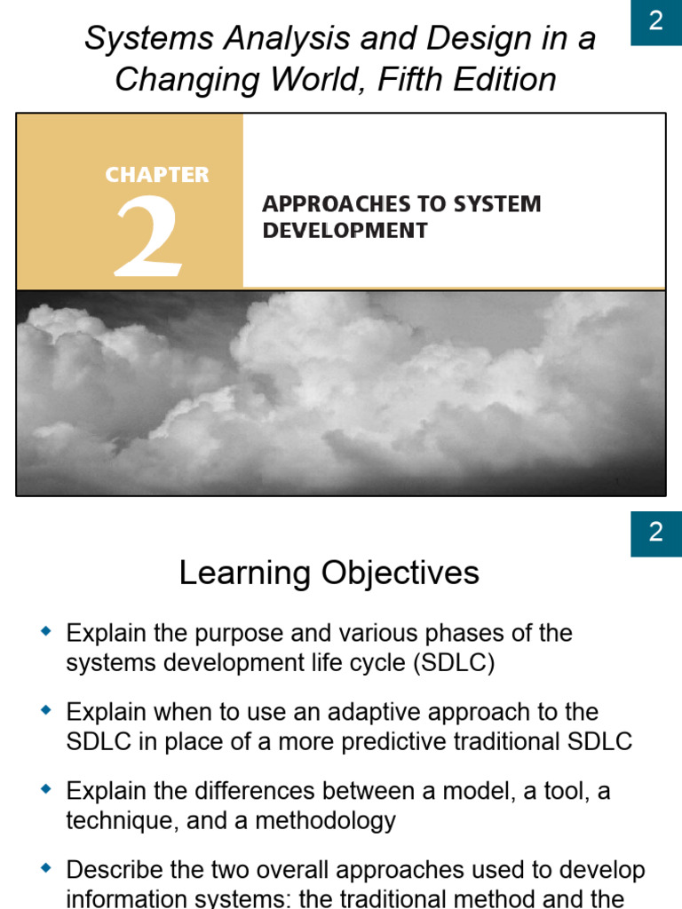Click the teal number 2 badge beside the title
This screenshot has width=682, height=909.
tap(656, 22)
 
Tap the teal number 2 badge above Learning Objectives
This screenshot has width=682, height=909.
tap(656, 533)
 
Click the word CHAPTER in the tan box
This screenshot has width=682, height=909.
tap(157, 175)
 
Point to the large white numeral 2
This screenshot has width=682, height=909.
tap(149, 234)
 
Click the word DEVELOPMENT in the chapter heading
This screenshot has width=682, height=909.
tap(345, 231)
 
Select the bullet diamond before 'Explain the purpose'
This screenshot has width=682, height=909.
tap(47, 633)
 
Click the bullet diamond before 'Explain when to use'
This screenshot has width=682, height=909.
tap(47, 711)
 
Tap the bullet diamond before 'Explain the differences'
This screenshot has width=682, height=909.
tap(47, 789)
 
